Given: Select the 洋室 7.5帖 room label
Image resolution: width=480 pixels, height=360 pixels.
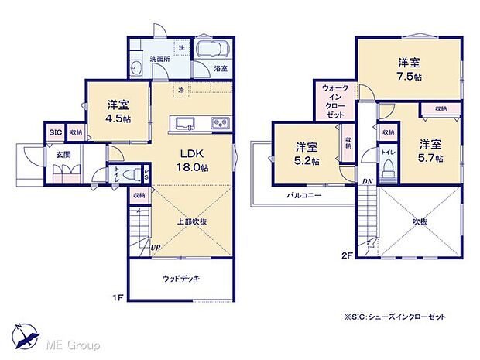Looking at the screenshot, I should coord(410,69).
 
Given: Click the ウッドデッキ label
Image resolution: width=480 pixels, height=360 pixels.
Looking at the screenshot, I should coord(179,278).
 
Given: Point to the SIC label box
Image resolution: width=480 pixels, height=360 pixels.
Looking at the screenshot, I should coord(55,133).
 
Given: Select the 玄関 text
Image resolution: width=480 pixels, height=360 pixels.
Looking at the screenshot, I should coord(62,155).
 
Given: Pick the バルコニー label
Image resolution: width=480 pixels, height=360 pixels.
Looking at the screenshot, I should coord(303,197).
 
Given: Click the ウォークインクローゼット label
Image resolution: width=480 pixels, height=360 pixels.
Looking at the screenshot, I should coord(335,100).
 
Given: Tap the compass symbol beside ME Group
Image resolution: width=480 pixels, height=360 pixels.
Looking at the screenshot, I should coord(28,335).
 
